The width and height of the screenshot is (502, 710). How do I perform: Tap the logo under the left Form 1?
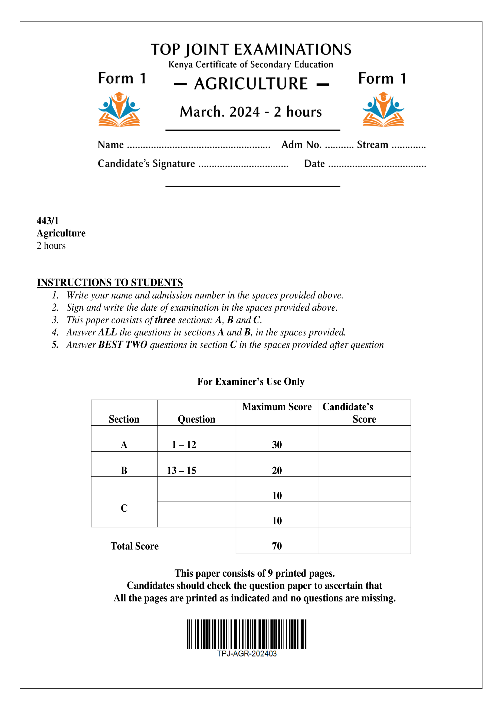(x=119, y=109)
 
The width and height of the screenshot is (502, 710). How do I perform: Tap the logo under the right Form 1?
(x=383, y=109)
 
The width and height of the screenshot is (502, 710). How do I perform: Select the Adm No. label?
(x=301, y=145)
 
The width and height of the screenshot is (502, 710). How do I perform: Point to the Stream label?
(x=372, y=145)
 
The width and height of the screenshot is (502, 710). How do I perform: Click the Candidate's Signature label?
(x=146, y=164)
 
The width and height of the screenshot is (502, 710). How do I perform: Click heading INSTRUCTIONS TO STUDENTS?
(x=110, y=282)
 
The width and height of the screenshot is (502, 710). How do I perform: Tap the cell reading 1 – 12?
(x=184, y=445)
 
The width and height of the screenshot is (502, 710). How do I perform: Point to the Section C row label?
(x=124, y=508)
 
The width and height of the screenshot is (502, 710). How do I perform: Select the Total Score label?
(x=135, y=546)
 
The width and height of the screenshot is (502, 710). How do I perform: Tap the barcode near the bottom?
(x=247, y=634)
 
